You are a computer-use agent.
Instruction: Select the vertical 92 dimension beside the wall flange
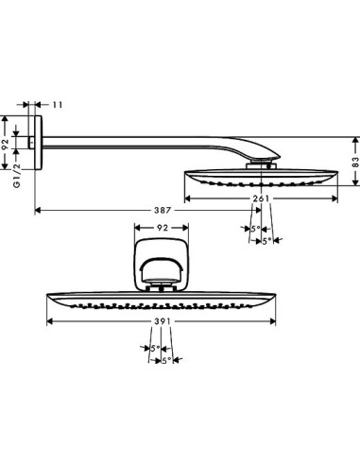(x=7, y=144)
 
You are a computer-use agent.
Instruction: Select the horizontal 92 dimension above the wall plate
(x=162, y=229)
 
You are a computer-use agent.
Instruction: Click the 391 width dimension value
(x=162, y=323)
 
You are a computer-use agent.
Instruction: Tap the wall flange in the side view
(x=37, y=144)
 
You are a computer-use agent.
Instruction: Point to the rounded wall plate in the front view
(x=163, y=267)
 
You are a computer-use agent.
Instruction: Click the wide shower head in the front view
(x=162, y=300)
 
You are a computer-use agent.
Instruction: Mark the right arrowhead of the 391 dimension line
(x=277, y=323)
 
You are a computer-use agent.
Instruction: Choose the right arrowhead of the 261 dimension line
(x=336, y=198)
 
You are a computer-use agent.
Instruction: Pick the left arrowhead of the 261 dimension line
(x=186, y=198)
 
